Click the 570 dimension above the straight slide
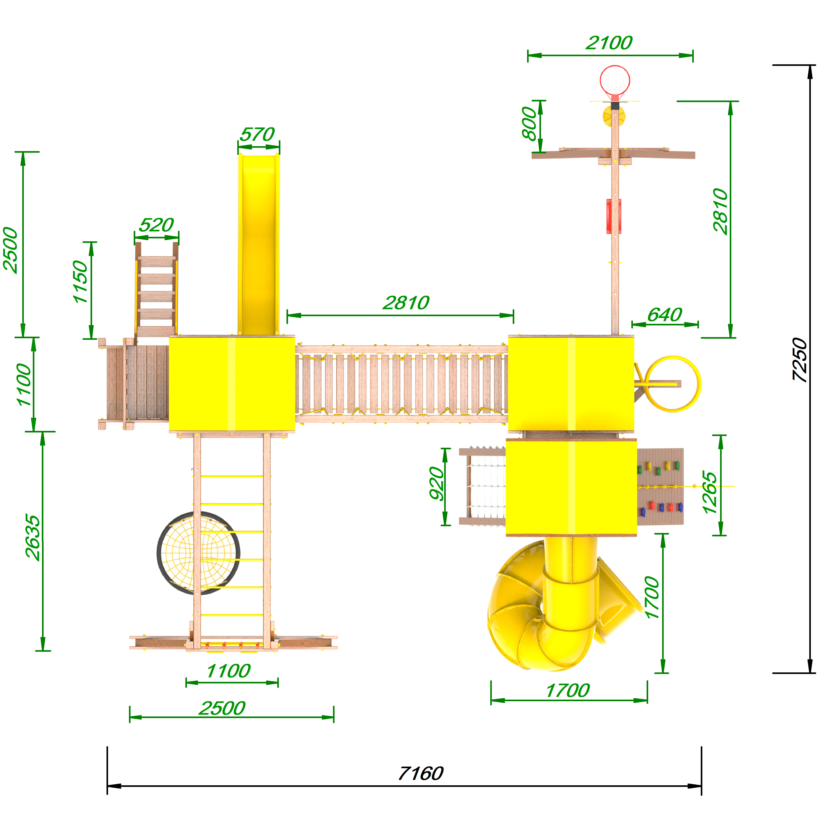(257, 134)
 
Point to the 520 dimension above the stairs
(156, 225)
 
